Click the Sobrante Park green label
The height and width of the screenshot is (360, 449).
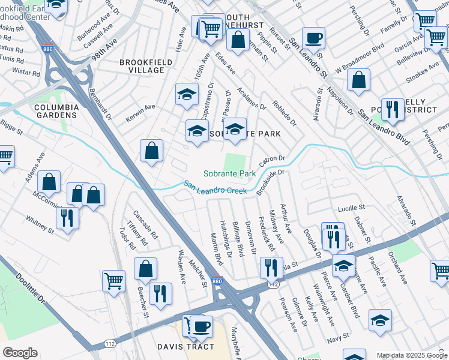pyautogui.click(x=230, y=173)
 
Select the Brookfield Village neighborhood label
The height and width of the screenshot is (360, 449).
pyautogui.click(x=142, y=66)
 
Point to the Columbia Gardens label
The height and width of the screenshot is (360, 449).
pyautogui.click(x=56, y=111)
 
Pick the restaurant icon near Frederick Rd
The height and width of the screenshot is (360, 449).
pyautogui.click(x=271, y=267)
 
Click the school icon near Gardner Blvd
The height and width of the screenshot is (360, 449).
pyautogui.click(x=343, y=266)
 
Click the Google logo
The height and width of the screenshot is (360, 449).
pyautogui.click(x=19, y=353)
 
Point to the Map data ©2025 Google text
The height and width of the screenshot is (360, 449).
pyautogui.click(x=411, y=355)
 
